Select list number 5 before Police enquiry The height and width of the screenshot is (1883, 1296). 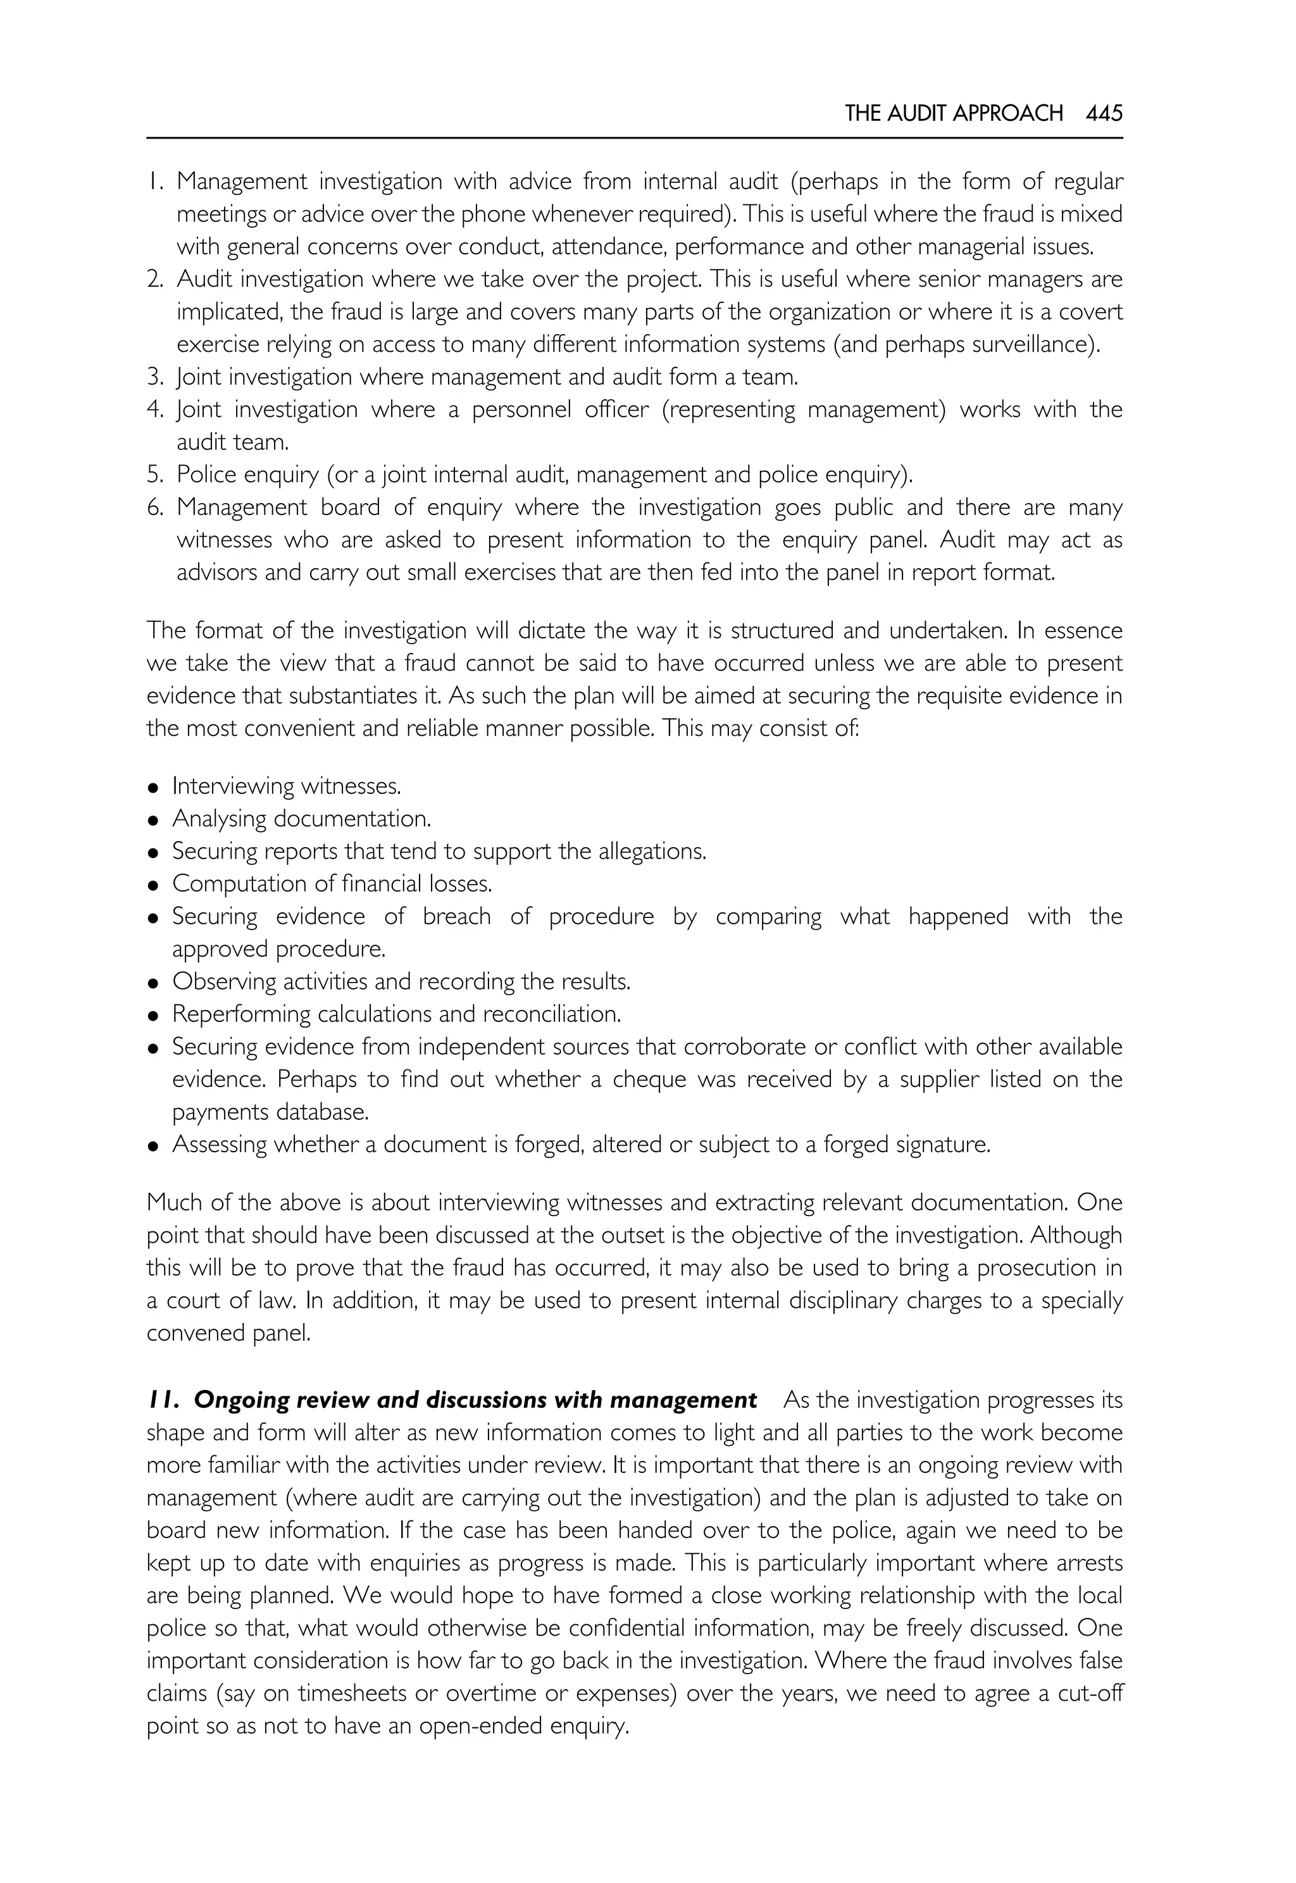(x=155, y=474)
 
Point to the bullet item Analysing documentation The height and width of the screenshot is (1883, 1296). (x=301, y=819)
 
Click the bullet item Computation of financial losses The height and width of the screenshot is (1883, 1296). (x=332, y=883)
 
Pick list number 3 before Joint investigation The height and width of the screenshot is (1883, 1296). (x=155, y=376)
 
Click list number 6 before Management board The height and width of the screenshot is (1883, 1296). (x=155, y=507)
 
